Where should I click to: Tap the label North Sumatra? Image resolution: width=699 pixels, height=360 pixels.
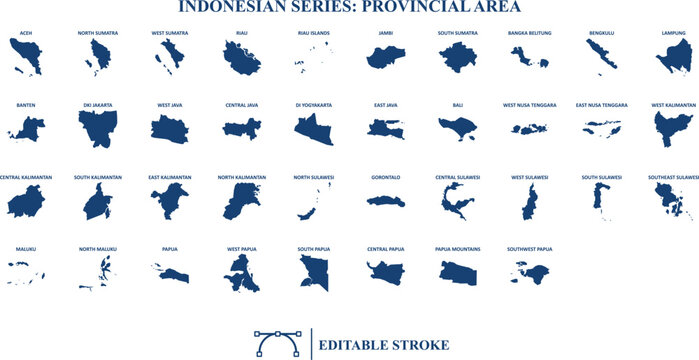(98, 33)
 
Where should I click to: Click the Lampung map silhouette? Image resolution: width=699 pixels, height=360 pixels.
(676, 59)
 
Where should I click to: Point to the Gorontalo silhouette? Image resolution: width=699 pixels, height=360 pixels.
(384, 201)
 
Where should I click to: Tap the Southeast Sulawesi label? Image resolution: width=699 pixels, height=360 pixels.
(673, 177)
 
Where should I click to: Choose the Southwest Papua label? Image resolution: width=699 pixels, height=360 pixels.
(529, 249)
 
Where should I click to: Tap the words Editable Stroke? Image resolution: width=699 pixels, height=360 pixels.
(383, 345)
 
